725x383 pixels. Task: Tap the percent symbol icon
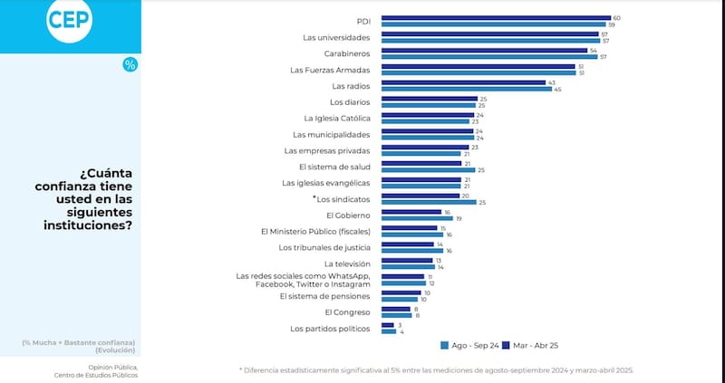point(130,64)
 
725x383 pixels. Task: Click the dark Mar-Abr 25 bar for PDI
point(495,17)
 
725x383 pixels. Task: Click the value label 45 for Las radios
point(557,89)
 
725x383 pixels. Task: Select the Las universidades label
point(335,37)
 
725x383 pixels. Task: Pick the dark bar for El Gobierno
point(411,212)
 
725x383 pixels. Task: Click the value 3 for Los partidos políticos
point(399,324)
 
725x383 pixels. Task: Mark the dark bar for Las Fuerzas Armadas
point(478,66)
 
